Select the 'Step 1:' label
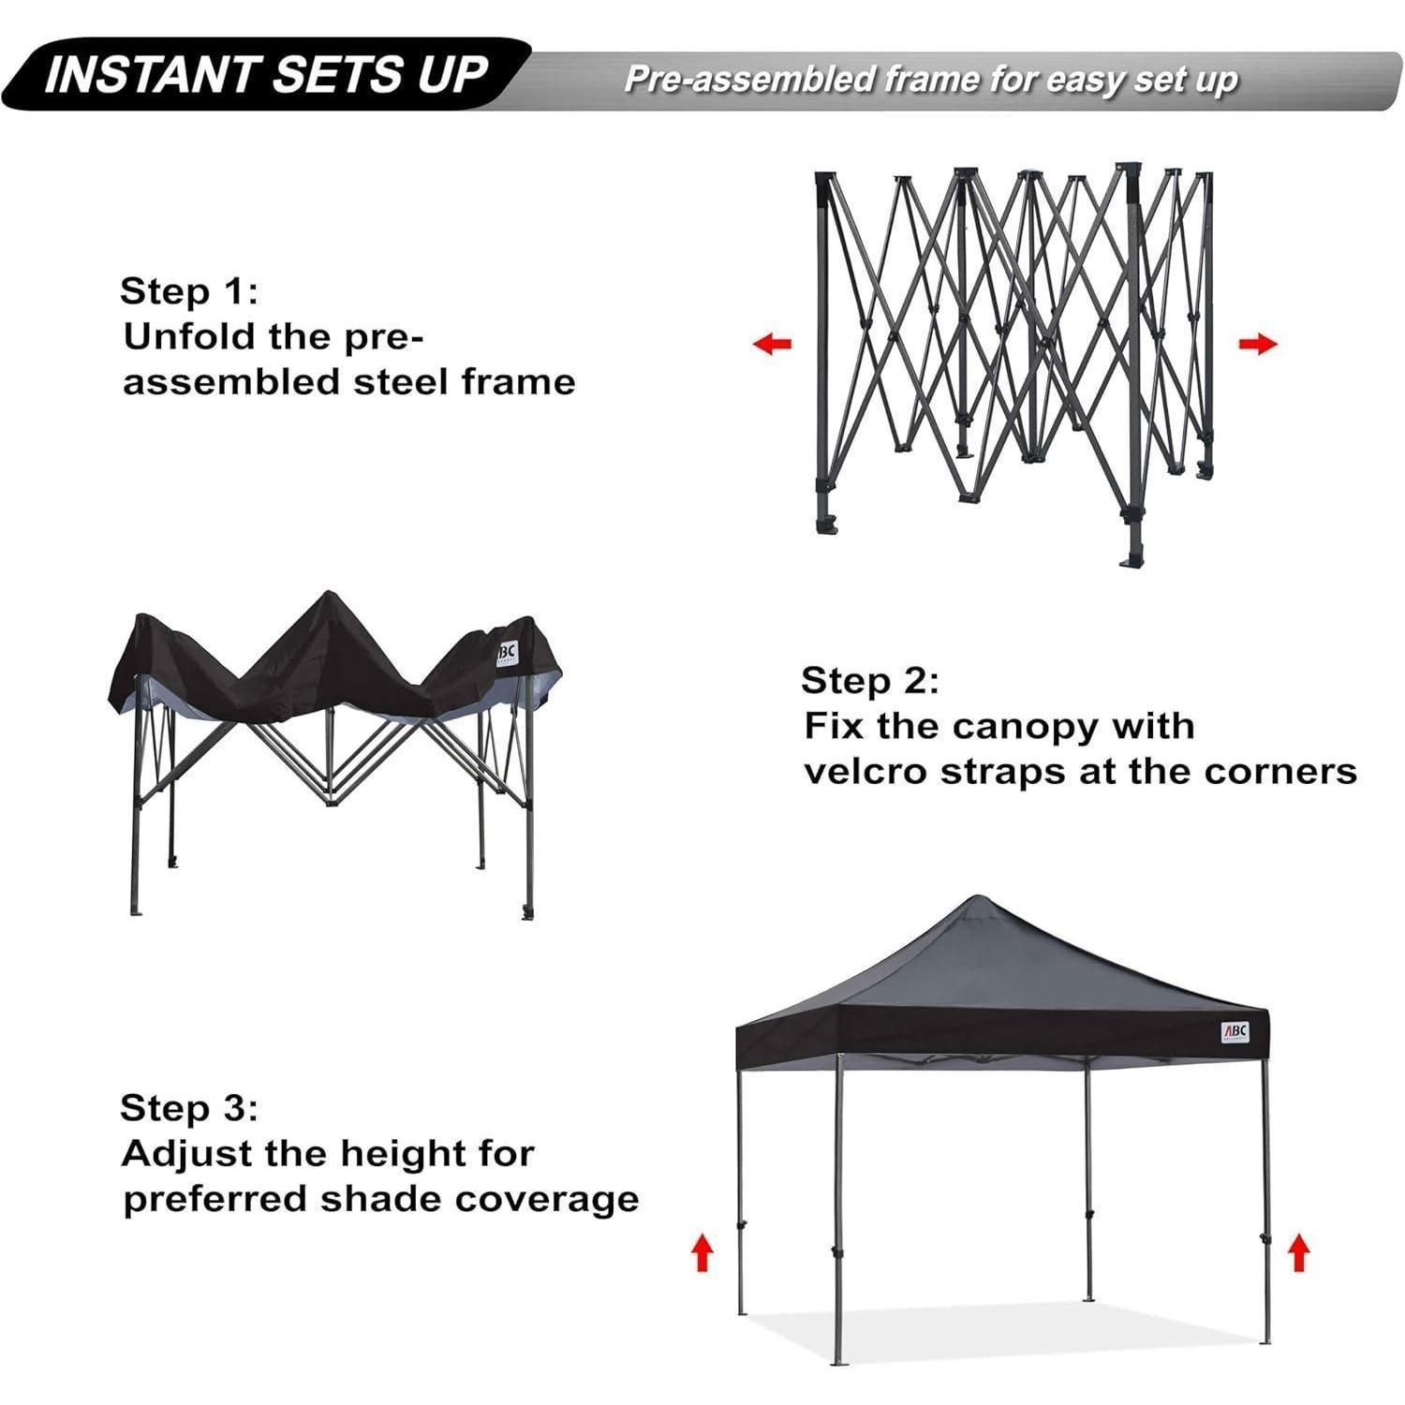click(188, 291)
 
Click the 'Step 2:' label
click(870, 681)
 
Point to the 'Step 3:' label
click(188, 1108)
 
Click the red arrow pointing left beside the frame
click(773, 344)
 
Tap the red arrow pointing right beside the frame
click(1257, 344)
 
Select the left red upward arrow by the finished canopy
click(702, 1252)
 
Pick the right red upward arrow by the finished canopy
click(1298, 1252)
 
